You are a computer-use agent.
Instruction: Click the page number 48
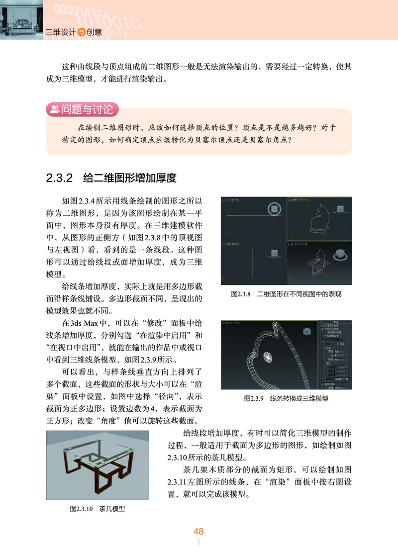199,532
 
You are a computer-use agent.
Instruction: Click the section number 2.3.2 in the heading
59,178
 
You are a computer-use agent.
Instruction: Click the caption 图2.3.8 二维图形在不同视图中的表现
286,294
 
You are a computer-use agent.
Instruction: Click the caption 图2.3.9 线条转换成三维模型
286,398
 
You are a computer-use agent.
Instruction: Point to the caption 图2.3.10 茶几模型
97,509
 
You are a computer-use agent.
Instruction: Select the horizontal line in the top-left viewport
249,215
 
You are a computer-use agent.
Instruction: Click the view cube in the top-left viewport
274,209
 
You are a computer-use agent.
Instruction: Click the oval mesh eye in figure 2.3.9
267,357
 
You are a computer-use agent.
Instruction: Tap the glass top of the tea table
99,453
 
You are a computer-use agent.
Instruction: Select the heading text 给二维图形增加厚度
130,178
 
